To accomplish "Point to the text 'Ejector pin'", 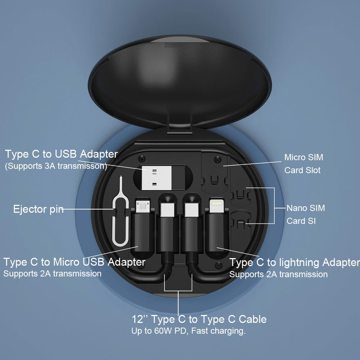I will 39,209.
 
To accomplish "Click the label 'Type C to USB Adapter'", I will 61,154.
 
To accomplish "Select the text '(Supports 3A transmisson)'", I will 56,166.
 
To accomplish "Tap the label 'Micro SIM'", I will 303,157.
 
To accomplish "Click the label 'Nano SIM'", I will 306,208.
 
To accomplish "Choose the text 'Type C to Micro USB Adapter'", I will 74,262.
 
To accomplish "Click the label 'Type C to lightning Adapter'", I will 294,262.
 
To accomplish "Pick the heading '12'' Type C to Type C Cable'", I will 199,319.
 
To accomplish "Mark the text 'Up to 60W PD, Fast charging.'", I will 188,331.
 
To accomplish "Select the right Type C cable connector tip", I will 190,210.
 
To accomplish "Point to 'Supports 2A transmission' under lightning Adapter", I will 278,274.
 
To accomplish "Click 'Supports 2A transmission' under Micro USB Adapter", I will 52,274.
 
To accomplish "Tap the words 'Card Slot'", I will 302,170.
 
